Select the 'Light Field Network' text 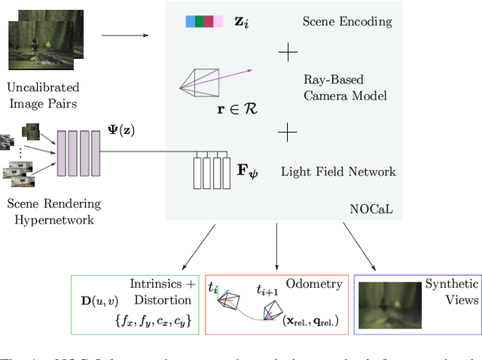tap(338, 172)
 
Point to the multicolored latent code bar tap(204, 22)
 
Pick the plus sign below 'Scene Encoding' tap(288, 52)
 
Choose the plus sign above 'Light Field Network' tap(288, 133)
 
